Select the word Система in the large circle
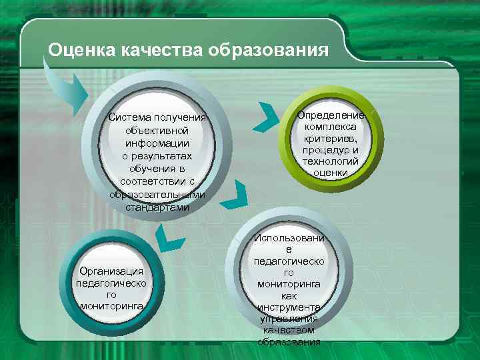(131, 118)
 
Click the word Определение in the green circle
(331, 115)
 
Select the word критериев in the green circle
(331, 138)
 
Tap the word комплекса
(331, 127)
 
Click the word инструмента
(289, 307)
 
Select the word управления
(289, 318)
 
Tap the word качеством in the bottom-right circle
(289, 330)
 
